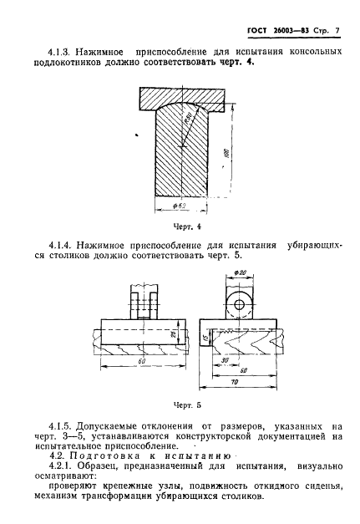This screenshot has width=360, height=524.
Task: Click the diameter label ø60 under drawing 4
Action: coord(177,206)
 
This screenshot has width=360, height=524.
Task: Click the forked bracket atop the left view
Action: coord(139,302)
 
